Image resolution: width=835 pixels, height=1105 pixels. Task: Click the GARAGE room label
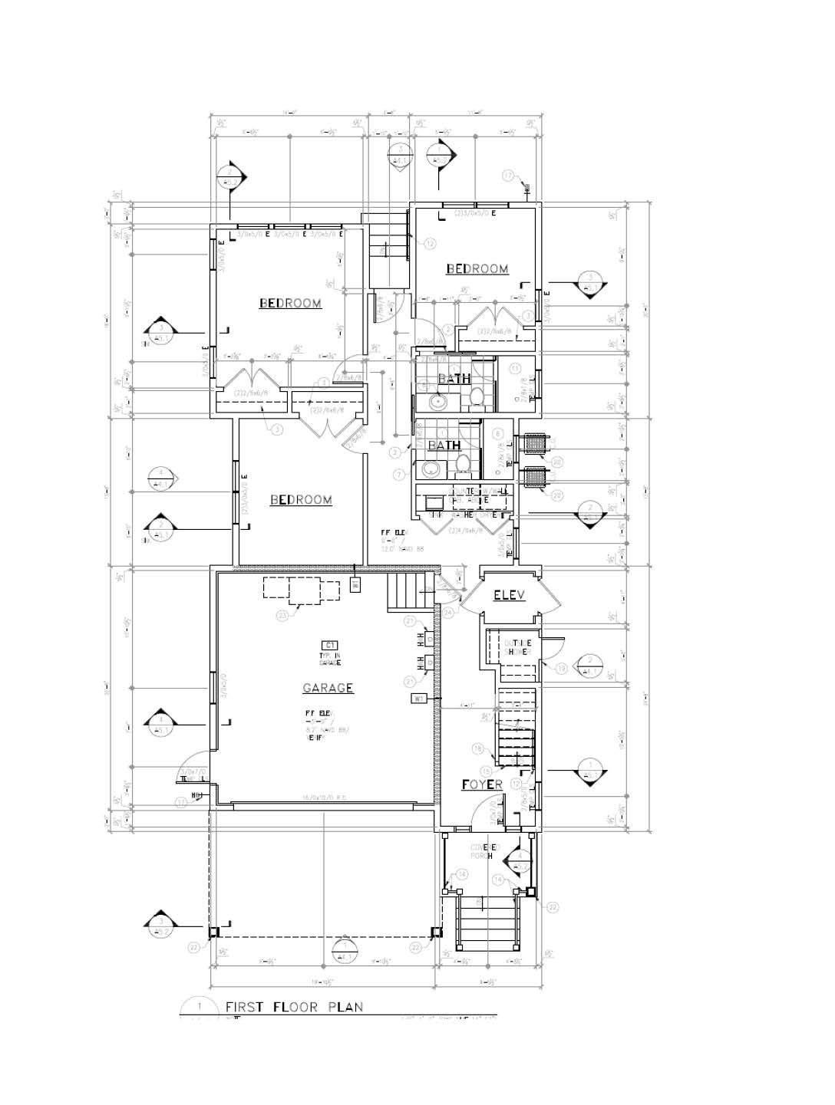pyautogui.click(x=328, y=688)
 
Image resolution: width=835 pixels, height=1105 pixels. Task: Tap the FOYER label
pyautogui.click(x=481, y=784)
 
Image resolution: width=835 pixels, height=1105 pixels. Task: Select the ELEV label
pyautogui.click(x=510, y=595)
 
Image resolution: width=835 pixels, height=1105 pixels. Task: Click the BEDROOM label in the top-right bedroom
pyautogui.click(x=477, y=268)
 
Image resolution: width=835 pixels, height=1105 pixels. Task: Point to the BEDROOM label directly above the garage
pyautogui.click(x=301, y=500)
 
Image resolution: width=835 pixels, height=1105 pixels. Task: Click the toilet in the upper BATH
pyautogui.click(x=476, y=396)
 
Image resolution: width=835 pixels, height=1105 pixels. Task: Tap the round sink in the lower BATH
pyautogui.click(x=430, y=468)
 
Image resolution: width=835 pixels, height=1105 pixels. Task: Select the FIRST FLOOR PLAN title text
pyautogui.click(x=294, y=1007)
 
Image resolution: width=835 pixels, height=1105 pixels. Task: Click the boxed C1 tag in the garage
pyautogui.click(x=330, y=645)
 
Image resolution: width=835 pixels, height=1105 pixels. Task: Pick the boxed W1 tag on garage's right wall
pyautogui.click(x=419, y=699)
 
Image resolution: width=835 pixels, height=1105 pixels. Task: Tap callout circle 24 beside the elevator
pyautogui.click(x=448, y=612)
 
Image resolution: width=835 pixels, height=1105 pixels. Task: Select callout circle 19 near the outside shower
pyautogui.click(x=561, y=669)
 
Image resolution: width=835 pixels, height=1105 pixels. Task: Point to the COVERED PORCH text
pyautogui.click(x=489, y=851)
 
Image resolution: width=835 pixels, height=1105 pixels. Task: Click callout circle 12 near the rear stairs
pyautogui.click(x=429, y=243)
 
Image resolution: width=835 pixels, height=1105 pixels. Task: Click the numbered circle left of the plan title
pyautogui.click(x=200, y=1006)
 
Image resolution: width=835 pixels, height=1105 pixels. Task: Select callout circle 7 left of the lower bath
pyautogui.click(x=399, y=475)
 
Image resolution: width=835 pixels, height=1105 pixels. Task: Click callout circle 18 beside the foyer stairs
pyautogui.click(x=477, y=748)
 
